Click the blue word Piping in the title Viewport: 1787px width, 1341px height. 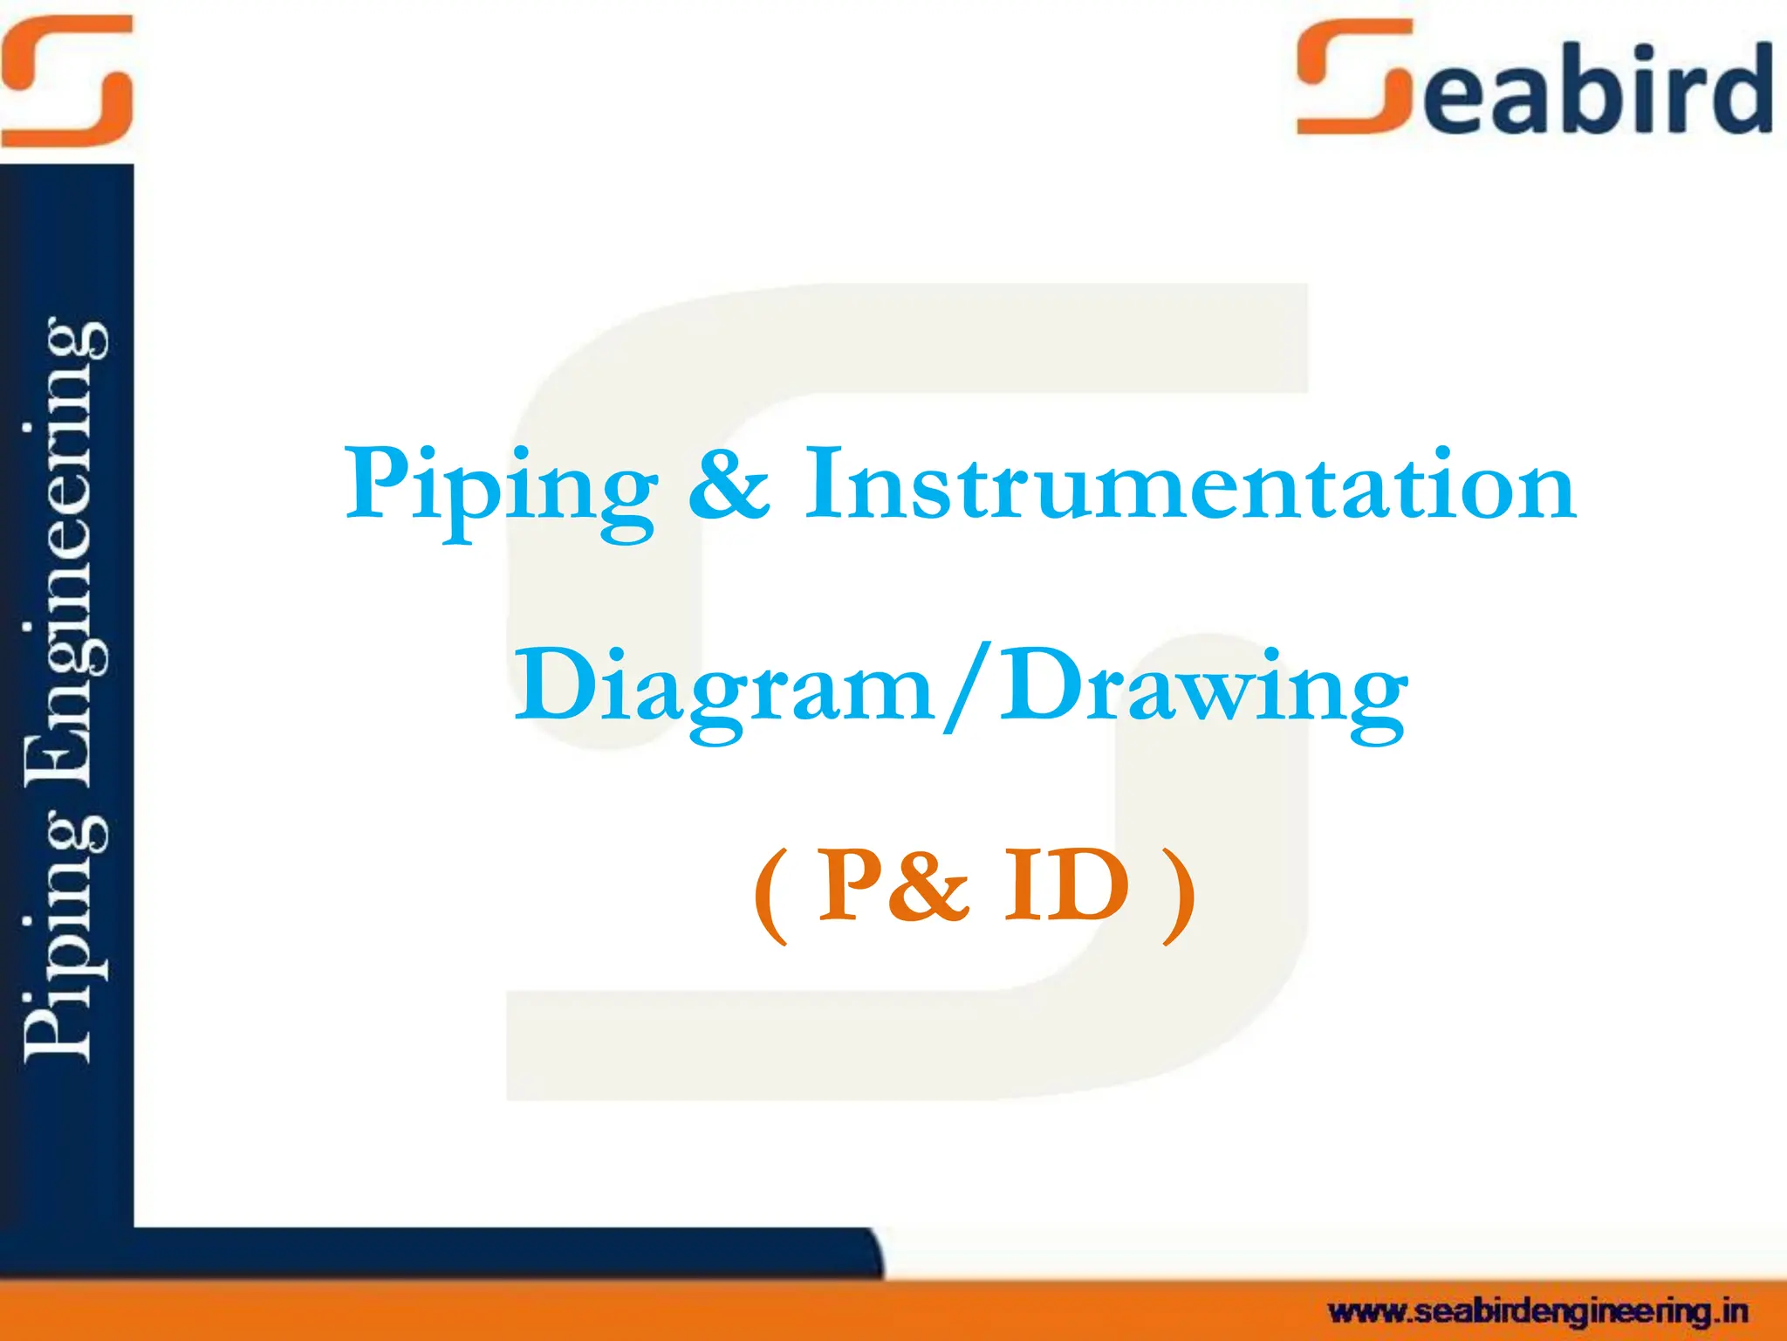point(501,489)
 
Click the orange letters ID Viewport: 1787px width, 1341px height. point(1066,887)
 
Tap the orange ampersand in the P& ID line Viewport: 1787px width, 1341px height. point(930,887)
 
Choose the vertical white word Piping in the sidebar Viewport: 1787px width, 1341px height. point(65,943)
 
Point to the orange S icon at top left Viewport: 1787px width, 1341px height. point(66,80)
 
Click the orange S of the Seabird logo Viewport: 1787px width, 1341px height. point(1354,79)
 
